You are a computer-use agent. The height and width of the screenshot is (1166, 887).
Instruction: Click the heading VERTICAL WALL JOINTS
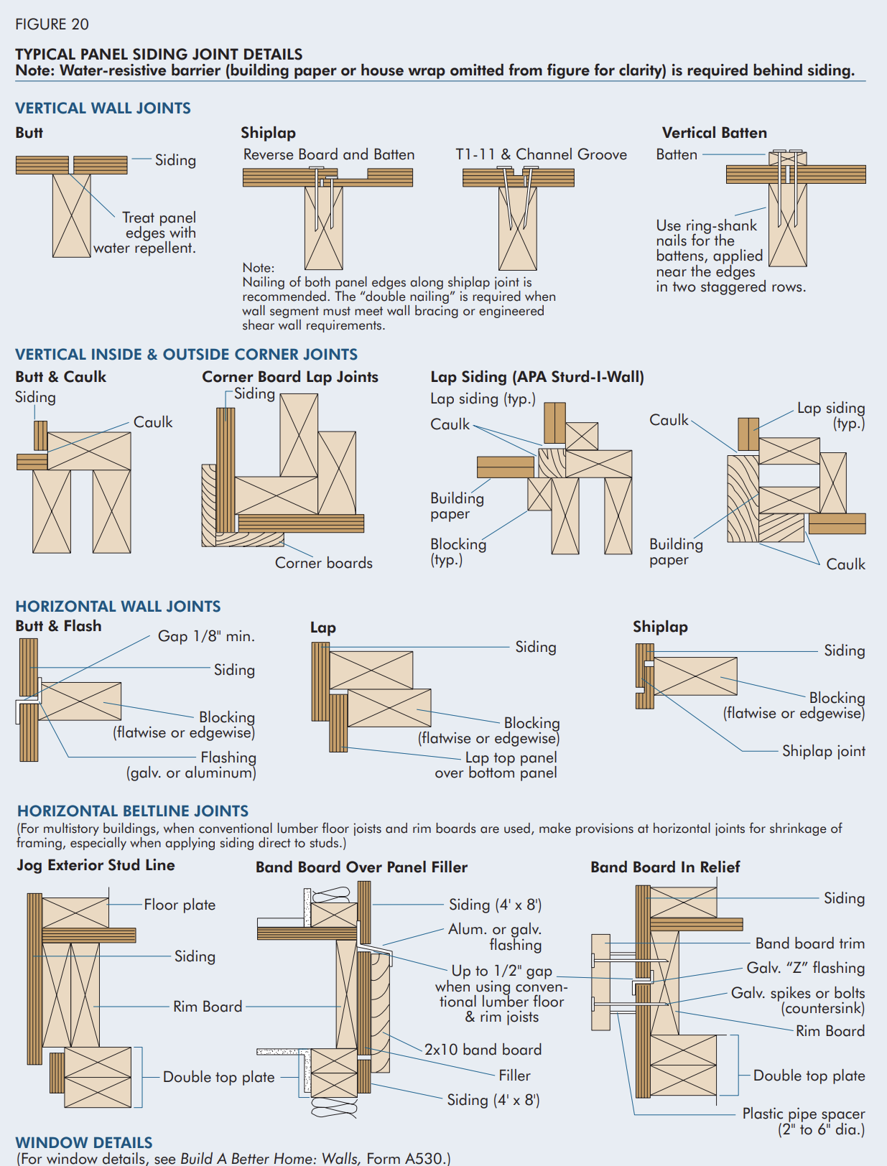pos(103,108)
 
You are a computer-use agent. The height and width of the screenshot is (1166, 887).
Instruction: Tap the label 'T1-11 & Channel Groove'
pos(541,154)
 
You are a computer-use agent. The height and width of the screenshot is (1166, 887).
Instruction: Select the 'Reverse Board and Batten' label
pos(328,154)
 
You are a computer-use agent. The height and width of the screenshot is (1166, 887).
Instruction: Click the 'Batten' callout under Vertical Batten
pos(676,154)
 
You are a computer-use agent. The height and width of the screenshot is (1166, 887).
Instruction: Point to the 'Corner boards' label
pos(323,563)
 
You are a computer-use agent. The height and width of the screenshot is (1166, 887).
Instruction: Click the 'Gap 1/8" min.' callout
pos(206,636)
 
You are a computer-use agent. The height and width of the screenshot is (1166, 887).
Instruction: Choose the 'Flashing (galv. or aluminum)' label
pos(192,765)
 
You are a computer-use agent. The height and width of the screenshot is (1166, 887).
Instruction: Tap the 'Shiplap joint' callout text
pos(823,751)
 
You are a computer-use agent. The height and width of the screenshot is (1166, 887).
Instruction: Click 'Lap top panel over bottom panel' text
pos(496,765)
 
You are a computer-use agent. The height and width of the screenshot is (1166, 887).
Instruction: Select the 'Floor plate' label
pos(180,905)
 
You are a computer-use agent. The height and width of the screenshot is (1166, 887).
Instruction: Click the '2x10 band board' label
pos(483,1050)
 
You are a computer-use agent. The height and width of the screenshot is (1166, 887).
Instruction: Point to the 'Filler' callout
pos(514,1076)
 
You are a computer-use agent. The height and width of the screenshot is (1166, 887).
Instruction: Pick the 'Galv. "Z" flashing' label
pos(805,968)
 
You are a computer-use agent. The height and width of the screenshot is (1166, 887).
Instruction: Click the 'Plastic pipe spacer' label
pos(803,1114)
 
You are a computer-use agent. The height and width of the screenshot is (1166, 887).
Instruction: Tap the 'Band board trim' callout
pos(809,943)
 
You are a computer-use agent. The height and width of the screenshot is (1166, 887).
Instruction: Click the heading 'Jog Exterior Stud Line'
pos(96,865)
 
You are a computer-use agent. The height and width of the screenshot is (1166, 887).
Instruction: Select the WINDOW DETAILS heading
pos(84,1142)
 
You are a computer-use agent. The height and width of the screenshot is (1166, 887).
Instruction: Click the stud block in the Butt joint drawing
pos(71,215)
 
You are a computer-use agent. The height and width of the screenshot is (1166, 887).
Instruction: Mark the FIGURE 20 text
pos(52,24)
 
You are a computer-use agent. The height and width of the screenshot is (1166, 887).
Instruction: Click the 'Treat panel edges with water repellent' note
pos(146,233)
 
